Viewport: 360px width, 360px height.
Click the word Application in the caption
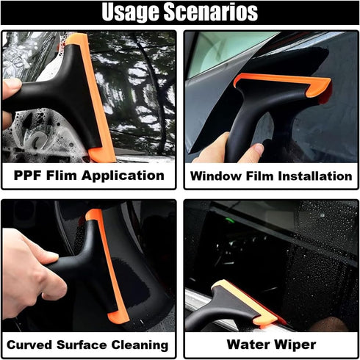click(128, 176)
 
